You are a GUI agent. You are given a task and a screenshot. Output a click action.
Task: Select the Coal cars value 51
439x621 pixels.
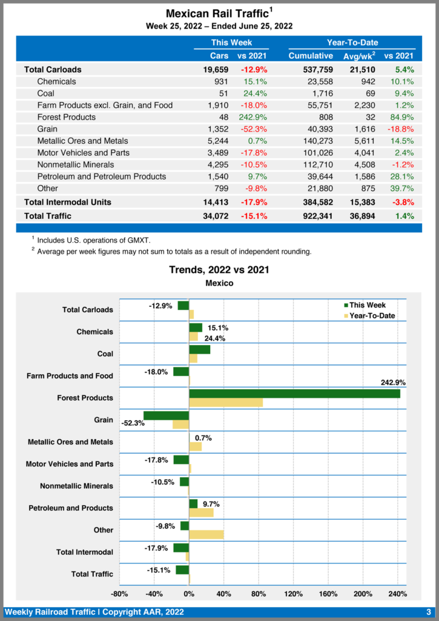[222, 93]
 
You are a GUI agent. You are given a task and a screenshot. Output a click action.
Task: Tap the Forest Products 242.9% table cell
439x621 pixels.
[252, 117]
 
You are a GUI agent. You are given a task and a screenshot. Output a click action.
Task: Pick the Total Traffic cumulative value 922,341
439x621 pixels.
[312, 216]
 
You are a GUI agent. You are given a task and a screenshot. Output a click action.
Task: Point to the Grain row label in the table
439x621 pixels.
[47, 129]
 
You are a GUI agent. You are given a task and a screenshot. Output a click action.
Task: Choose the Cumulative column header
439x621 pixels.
[311, 56]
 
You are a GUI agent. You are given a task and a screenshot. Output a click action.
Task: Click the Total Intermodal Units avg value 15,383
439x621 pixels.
[361, 202]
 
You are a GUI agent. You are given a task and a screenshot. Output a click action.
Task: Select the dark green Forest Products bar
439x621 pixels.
[294, 394]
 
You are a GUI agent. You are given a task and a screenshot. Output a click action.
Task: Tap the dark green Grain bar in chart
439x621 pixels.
[167, 415]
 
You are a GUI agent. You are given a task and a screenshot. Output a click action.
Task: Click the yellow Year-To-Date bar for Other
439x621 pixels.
[206, 534]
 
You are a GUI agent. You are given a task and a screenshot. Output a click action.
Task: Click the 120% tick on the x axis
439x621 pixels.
[294, 593]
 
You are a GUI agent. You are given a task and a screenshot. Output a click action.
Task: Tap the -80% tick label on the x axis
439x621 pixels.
[119, 593]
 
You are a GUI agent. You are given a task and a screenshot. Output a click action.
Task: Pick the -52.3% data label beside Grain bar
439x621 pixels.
[133, 423]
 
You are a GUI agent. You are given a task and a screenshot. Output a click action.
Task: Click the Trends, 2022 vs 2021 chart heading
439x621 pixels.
[219, 270]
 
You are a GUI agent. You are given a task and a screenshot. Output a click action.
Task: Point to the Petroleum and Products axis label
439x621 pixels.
[70, 508]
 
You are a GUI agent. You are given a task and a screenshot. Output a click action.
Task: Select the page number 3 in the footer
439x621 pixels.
[428, 612]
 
